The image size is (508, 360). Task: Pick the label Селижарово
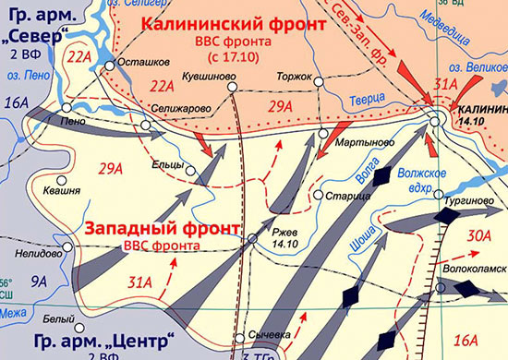pos(175,110)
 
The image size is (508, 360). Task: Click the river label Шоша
pos(363,239)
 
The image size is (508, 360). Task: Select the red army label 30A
pos(478,236)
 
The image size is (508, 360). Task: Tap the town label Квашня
pos(61,192)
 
